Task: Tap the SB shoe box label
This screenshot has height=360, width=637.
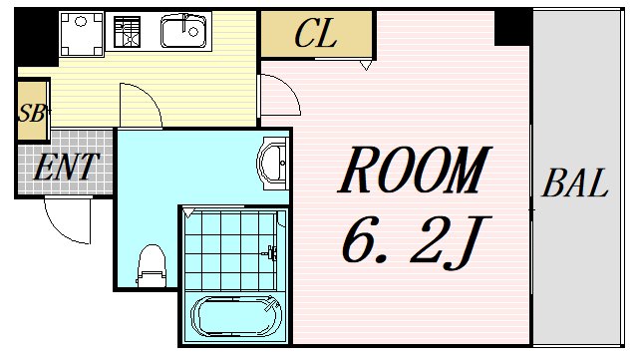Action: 31,113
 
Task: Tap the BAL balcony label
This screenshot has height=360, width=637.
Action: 575,184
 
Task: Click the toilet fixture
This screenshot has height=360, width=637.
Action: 152,262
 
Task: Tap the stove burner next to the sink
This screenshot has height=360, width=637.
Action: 128,32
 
